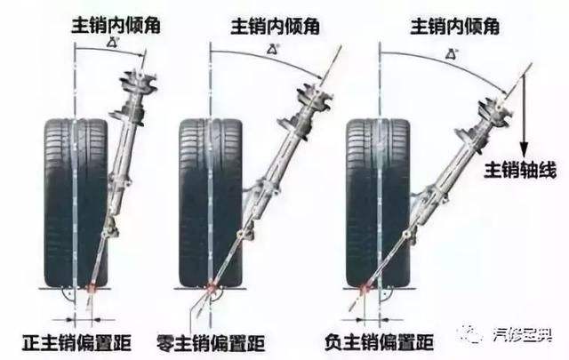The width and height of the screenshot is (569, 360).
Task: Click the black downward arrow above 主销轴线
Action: pos(525,116)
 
